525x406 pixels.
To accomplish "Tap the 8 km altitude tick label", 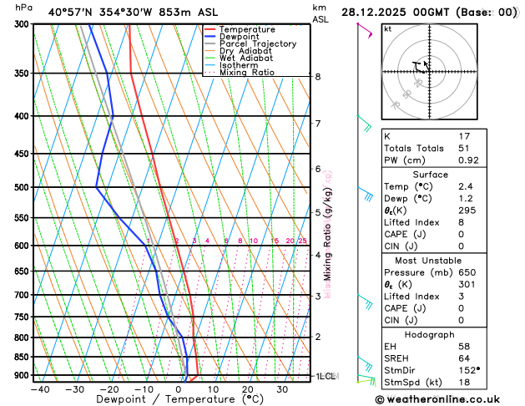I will (317, 77).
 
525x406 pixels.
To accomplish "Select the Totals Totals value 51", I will (464, 148).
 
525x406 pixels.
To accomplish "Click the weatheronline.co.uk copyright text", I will (443, 399).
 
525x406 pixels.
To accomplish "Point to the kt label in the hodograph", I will (387, 28).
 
